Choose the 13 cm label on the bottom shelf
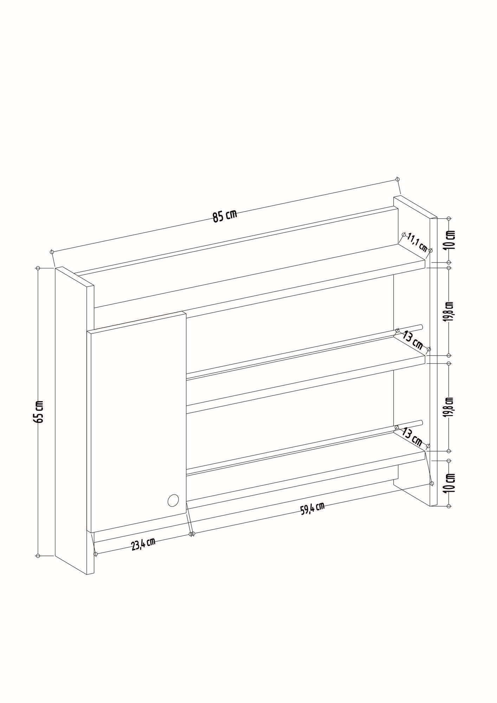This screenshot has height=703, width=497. click(412, 436)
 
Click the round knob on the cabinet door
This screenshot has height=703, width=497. click(173, 500)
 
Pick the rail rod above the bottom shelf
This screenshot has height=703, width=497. click(302, 446)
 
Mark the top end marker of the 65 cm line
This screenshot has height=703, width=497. click(38, 268)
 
